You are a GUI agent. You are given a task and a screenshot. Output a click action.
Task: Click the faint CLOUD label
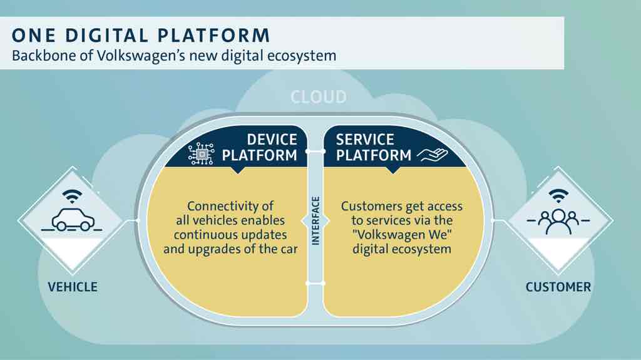coord(319,97)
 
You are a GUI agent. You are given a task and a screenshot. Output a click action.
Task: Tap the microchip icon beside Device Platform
coord(201,154)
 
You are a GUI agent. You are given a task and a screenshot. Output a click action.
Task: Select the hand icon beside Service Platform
coord(432,155)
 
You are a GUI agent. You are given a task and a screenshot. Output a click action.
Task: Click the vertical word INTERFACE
coord(315,221)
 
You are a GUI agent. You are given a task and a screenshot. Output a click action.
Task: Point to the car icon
coord(73,220)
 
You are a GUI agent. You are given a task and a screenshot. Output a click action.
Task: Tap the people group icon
coord(558,221)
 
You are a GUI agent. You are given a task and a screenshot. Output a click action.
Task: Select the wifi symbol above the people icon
coord(558,195)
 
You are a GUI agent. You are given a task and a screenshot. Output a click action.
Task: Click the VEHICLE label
coord(73,287)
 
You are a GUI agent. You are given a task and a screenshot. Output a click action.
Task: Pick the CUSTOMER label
coord(558,287)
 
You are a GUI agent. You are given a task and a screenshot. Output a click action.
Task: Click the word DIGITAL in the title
coord(107,35)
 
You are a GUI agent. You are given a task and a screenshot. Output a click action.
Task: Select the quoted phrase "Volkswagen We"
coord(401,235)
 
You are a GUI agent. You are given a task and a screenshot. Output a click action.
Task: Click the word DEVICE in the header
coord(272,140)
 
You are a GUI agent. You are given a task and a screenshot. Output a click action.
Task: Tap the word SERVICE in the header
coord(365,140)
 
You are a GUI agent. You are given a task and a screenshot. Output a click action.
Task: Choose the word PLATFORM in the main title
coord(214,35)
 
